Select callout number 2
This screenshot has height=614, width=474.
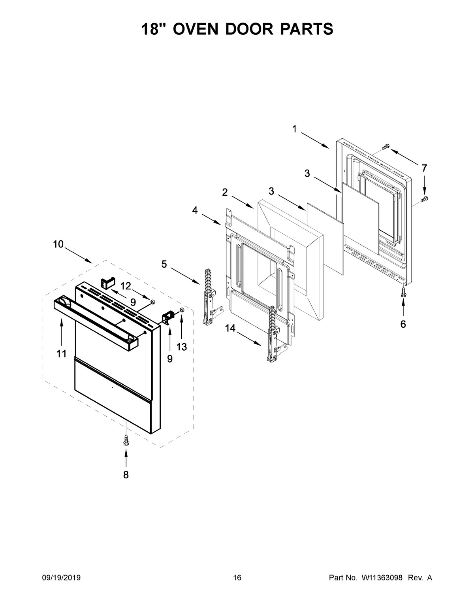pos(225,192)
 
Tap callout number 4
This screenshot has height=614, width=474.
pos(195,210)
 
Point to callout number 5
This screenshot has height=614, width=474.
pos(164,264)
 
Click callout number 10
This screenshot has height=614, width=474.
pos(58,244)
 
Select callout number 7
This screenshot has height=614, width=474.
pos(424,168)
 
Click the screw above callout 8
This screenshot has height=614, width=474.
pos(126,440)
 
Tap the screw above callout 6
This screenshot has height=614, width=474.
pos(403,291)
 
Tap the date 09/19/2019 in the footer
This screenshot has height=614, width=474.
pos(61,578)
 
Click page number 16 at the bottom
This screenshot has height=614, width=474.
pos(237,578)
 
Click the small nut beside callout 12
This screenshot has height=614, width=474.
pos(152,302)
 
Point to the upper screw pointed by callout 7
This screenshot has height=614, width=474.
pos(386,147)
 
